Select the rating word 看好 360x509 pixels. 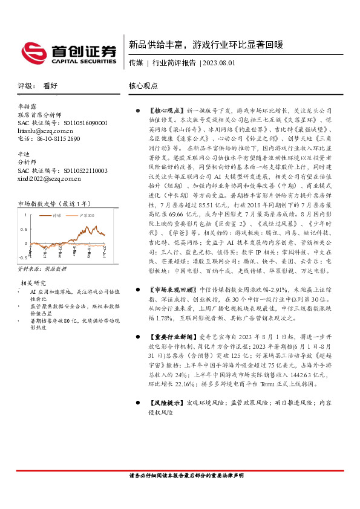pyautogui.click(x=50, y=86)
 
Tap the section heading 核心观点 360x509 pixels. pyautogui.click(x=143, y=86)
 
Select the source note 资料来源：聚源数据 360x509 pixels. pyautogui.click(x=42, y=267)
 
